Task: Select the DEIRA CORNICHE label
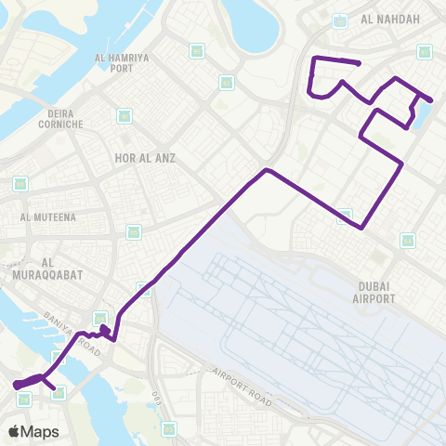61,124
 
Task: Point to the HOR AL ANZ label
144,159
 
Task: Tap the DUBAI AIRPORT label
375,292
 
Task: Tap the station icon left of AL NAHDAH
340,19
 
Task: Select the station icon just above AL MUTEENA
20,184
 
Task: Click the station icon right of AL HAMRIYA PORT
196,51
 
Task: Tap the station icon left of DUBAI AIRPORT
345,216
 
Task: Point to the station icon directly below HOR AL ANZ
134,230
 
